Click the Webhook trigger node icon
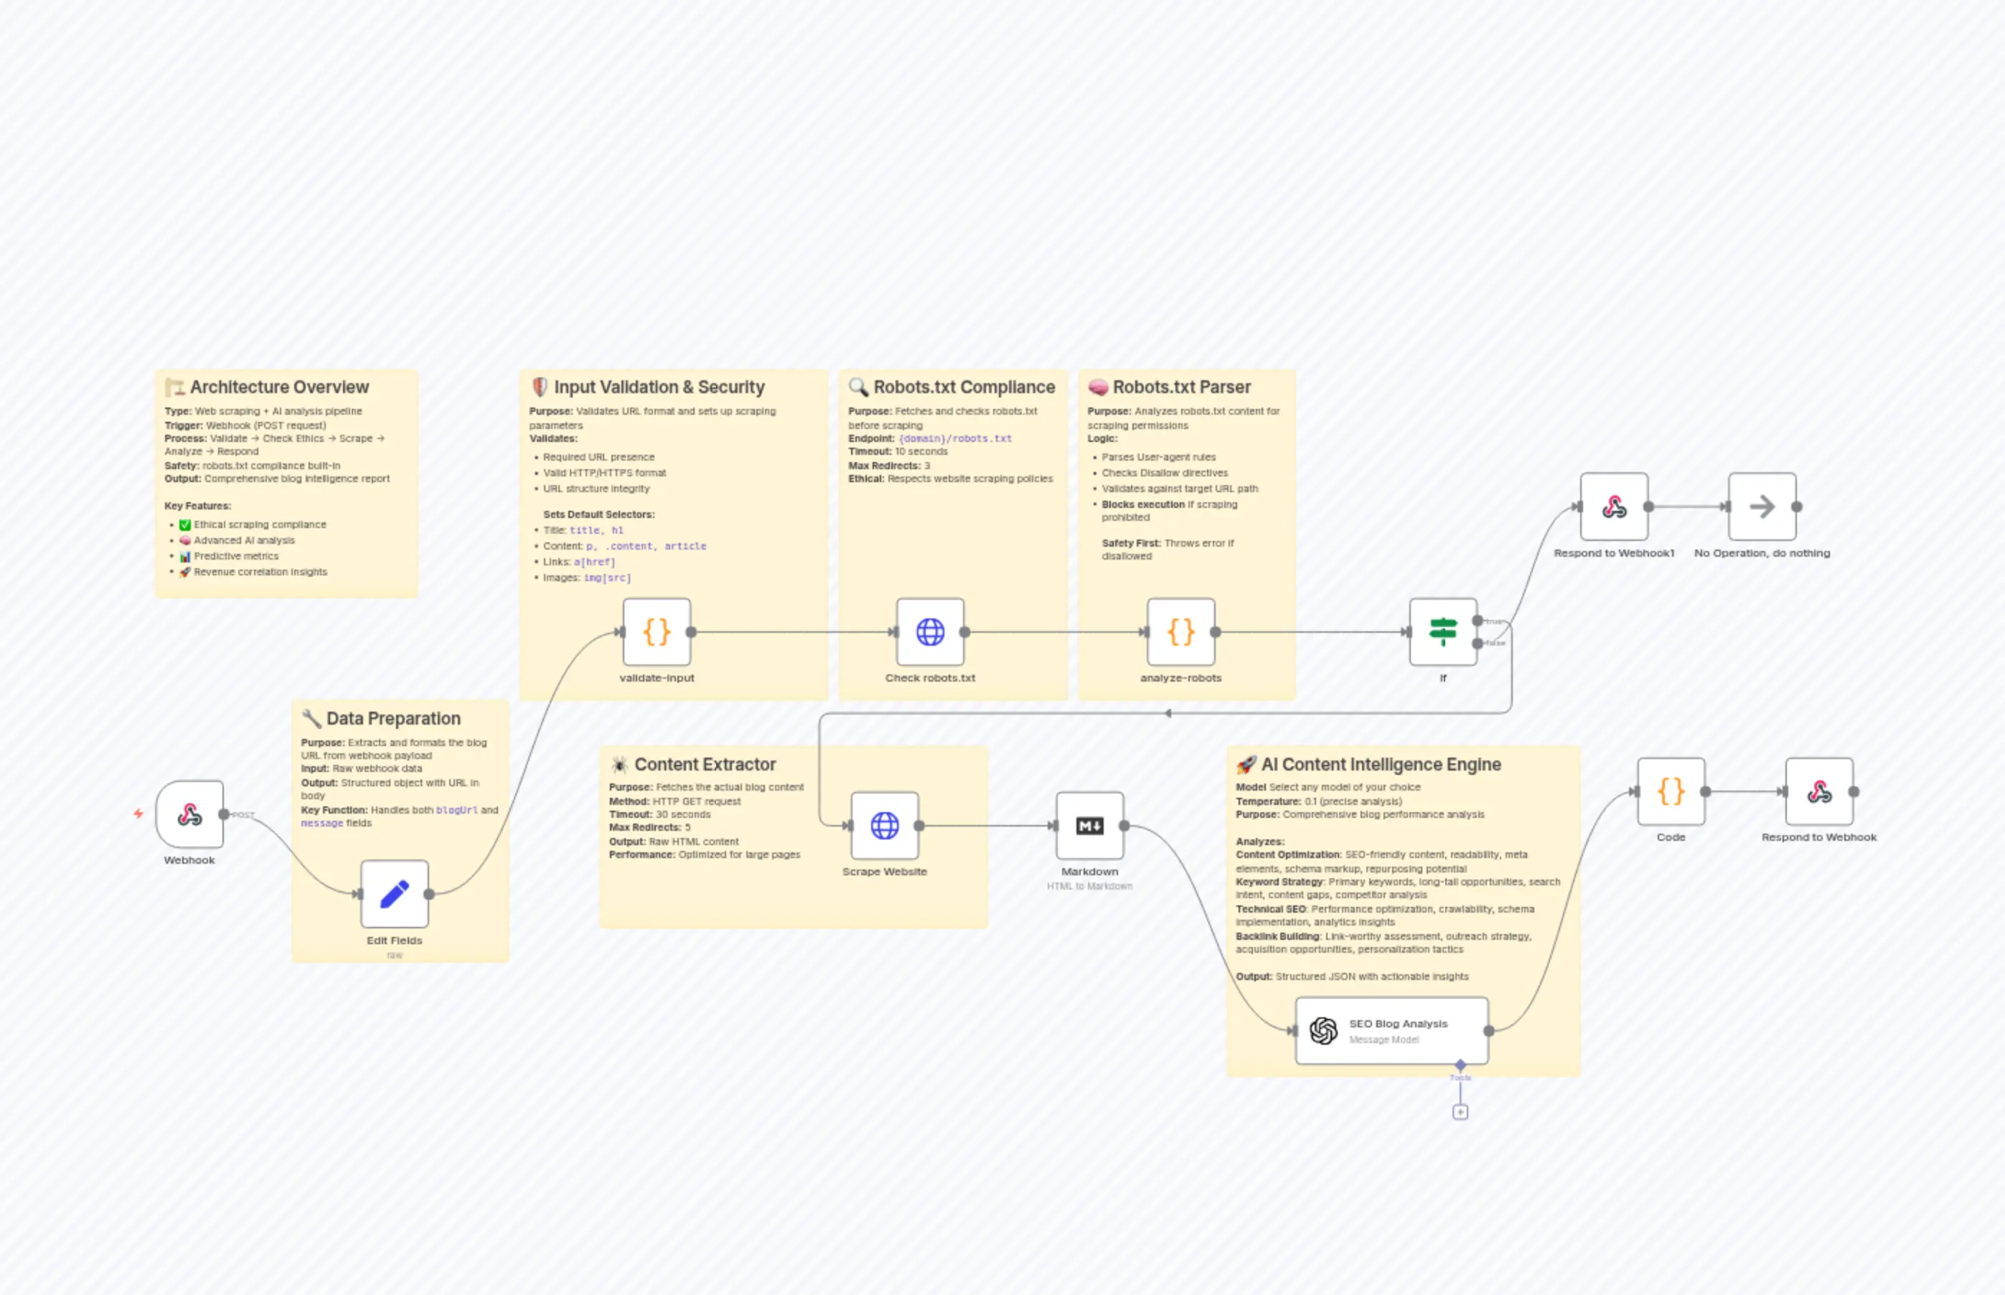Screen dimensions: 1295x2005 (x=189, y=814)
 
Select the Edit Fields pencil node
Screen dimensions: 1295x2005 (x=395, y=894)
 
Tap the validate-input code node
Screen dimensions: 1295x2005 (x=657, y=631)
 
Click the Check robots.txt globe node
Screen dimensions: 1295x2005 (x=930, y=631)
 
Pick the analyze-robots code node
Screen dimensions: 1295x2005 (x=1180, y=631)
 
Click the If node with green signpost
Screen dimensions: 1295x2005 (x=1443, y=631)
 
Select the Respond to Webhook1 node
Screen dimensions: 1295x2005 (x=1614, y=507)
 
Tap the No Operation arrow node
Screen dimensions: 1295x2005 (x=1762, y=507)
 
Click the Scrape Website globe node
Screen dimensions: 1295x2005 (x=885, y=826)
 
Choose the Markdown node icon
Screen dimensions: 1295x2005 (x=1090, y=826)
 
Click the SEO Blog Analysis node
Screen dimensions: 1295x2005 (x=1392, y=1031)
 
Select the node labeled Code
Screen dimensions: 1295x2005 (x=1671, y=791)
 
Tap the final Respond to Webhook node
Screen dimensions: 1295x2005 (x=1819, y=791)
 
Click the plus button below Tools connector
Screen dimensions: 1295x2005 (x=1460, y=1111)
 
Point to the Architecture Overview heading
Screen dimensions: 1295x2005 (x=279, y=387)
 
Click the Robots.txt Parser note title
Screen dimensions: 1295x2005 (x=1182, y=387)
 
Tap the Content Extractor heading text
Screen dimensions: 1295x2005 (x=705, y=764)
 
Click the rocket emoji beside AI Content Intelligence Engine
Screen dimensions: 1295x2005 (x=1246, y=764)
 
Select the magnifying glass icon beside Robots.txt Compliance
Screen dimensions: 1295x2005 (x=858, y=387)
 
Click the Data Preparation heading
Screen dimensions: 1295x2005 (x=393, y=718)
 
